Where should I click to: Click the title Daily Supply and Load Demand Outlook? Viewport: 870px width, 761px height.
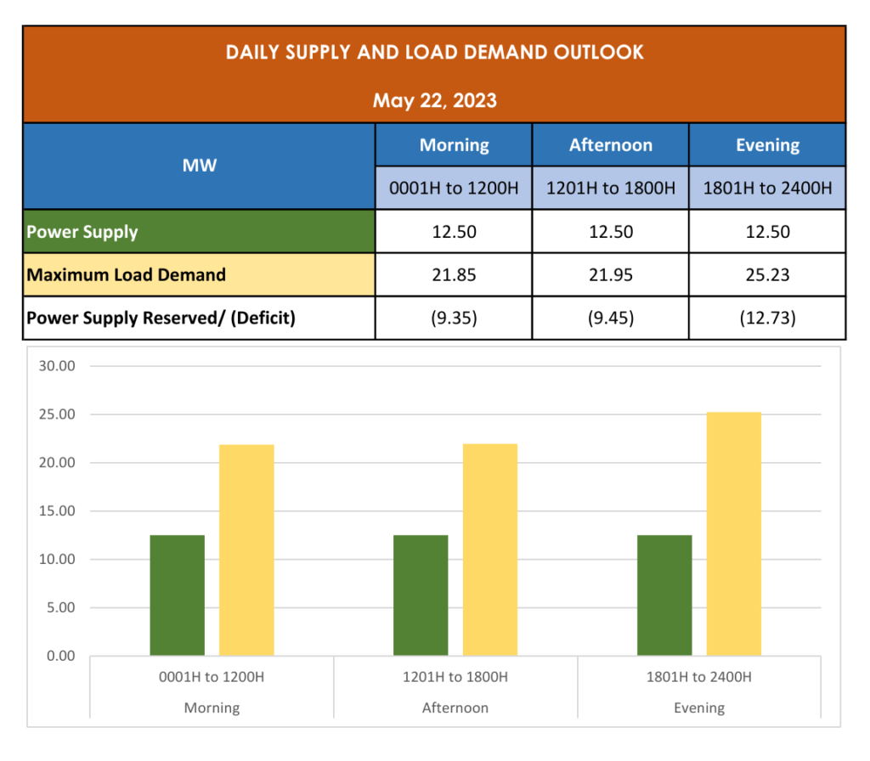click(434, 53)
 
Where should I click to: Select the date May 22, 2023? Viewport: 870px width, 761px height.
click(434, 101)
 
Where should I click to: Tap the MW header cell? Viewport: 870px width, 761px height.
click(199, 166)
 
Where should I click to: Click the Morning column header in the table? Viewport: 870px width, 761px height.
click(454, 145)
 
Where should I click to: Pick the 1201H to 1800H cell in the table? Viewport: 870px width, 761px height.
click(610, 188)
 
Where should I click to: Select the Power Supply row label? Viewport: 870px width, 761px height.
click(82, 232)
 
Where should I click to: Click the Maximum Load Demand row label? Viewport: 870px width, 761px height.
click(127, 275)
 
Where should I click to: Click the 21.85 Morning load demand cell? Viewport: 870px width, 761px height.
click(454, 275)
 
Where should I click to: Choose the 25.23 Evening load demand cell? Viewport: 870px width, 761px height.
click(767, 275)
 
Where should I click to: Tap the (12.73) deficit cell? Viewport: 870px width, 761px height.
click(767, 318)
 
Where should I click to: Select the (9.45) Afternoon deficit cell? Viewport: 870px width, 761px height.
click(610, 318)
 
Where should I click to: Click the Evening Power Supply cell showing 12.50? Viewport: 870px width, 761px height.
click(767, 232)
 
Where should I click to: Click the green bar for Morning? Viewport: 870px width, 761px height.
click(177, 595)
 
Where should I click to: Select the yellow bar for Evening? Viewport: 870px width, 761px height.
click(734, 535)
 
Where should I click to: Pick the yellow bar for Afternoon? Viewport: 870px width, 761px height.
click(490, 550)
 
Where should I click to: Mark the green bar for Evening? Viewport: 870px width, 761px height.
click(664, 595)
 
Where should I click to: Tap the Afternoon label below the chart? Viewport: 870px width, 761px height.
click(455, 707)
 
